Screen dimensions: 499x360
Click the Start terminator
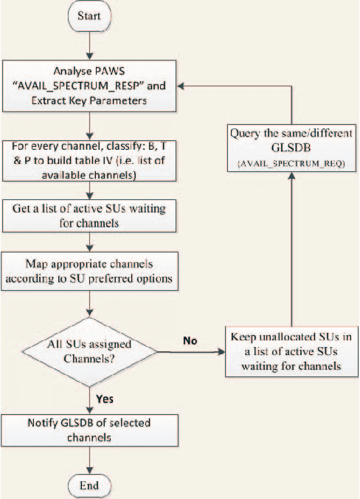point(90,16)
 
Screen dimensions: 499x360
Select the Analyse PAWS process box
point(90,86)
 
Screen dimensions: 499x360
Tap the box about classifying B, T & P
point(90,158)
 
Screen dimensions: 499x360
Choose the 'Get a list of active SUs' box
point(90,214)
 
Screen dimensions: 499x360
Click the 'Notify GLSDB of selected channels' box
point(90,430)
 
